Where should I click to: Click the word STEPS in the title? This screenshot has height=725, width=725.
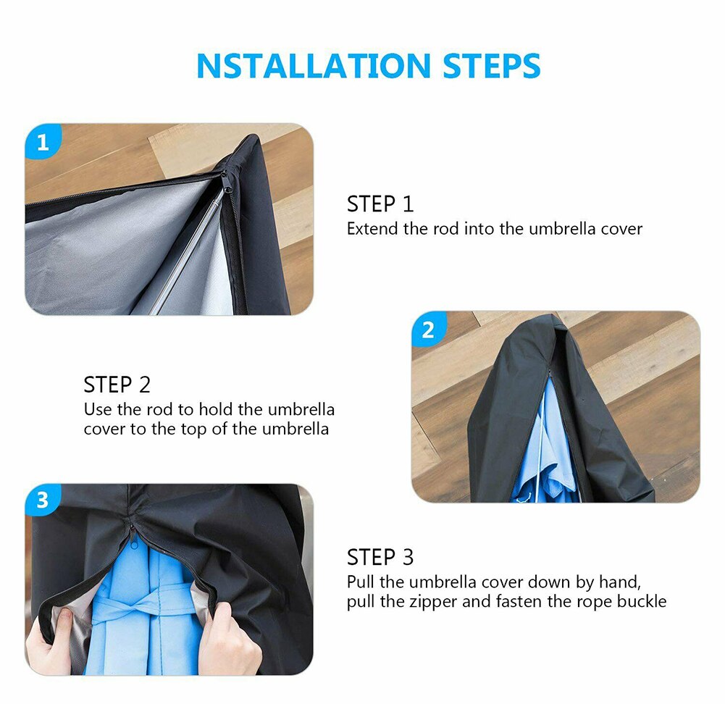[x=492, y=66]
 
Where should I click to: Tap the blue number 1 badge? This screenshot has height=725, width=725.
[x=43, y=142]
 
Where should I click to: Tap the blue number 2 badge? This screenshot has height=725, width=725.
[x=428, y=330]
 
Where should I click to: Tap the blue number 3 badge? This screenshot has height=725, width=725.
[x=43, y=500]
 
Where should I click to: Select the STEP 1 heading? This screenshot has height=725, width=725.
[x=380, y=204]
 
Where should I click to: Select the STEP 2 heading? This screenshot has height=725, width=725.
[x=117, y=384]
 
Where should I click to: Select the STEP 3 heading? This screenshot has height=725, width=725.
[x=380, y=557]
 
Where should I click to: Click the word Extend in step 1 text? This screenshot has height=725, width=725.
[x=372, y=229]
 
